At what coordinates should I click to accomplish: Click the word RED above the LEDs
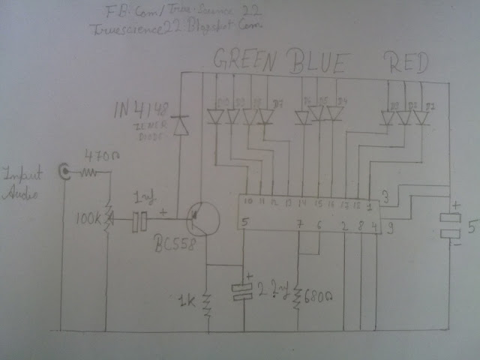pos(406,61)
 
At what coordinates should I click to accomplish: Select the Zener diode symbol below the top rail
pos(179,125)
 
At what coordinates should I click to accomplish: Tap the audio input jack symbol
pos(67,172)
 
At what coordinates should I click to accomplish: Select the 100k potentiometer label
pos(91,222)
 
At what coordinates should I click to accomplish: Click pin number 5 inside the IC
pos(244,223)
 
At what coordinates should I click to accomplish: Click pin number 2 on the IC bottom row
pos(344,225)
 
